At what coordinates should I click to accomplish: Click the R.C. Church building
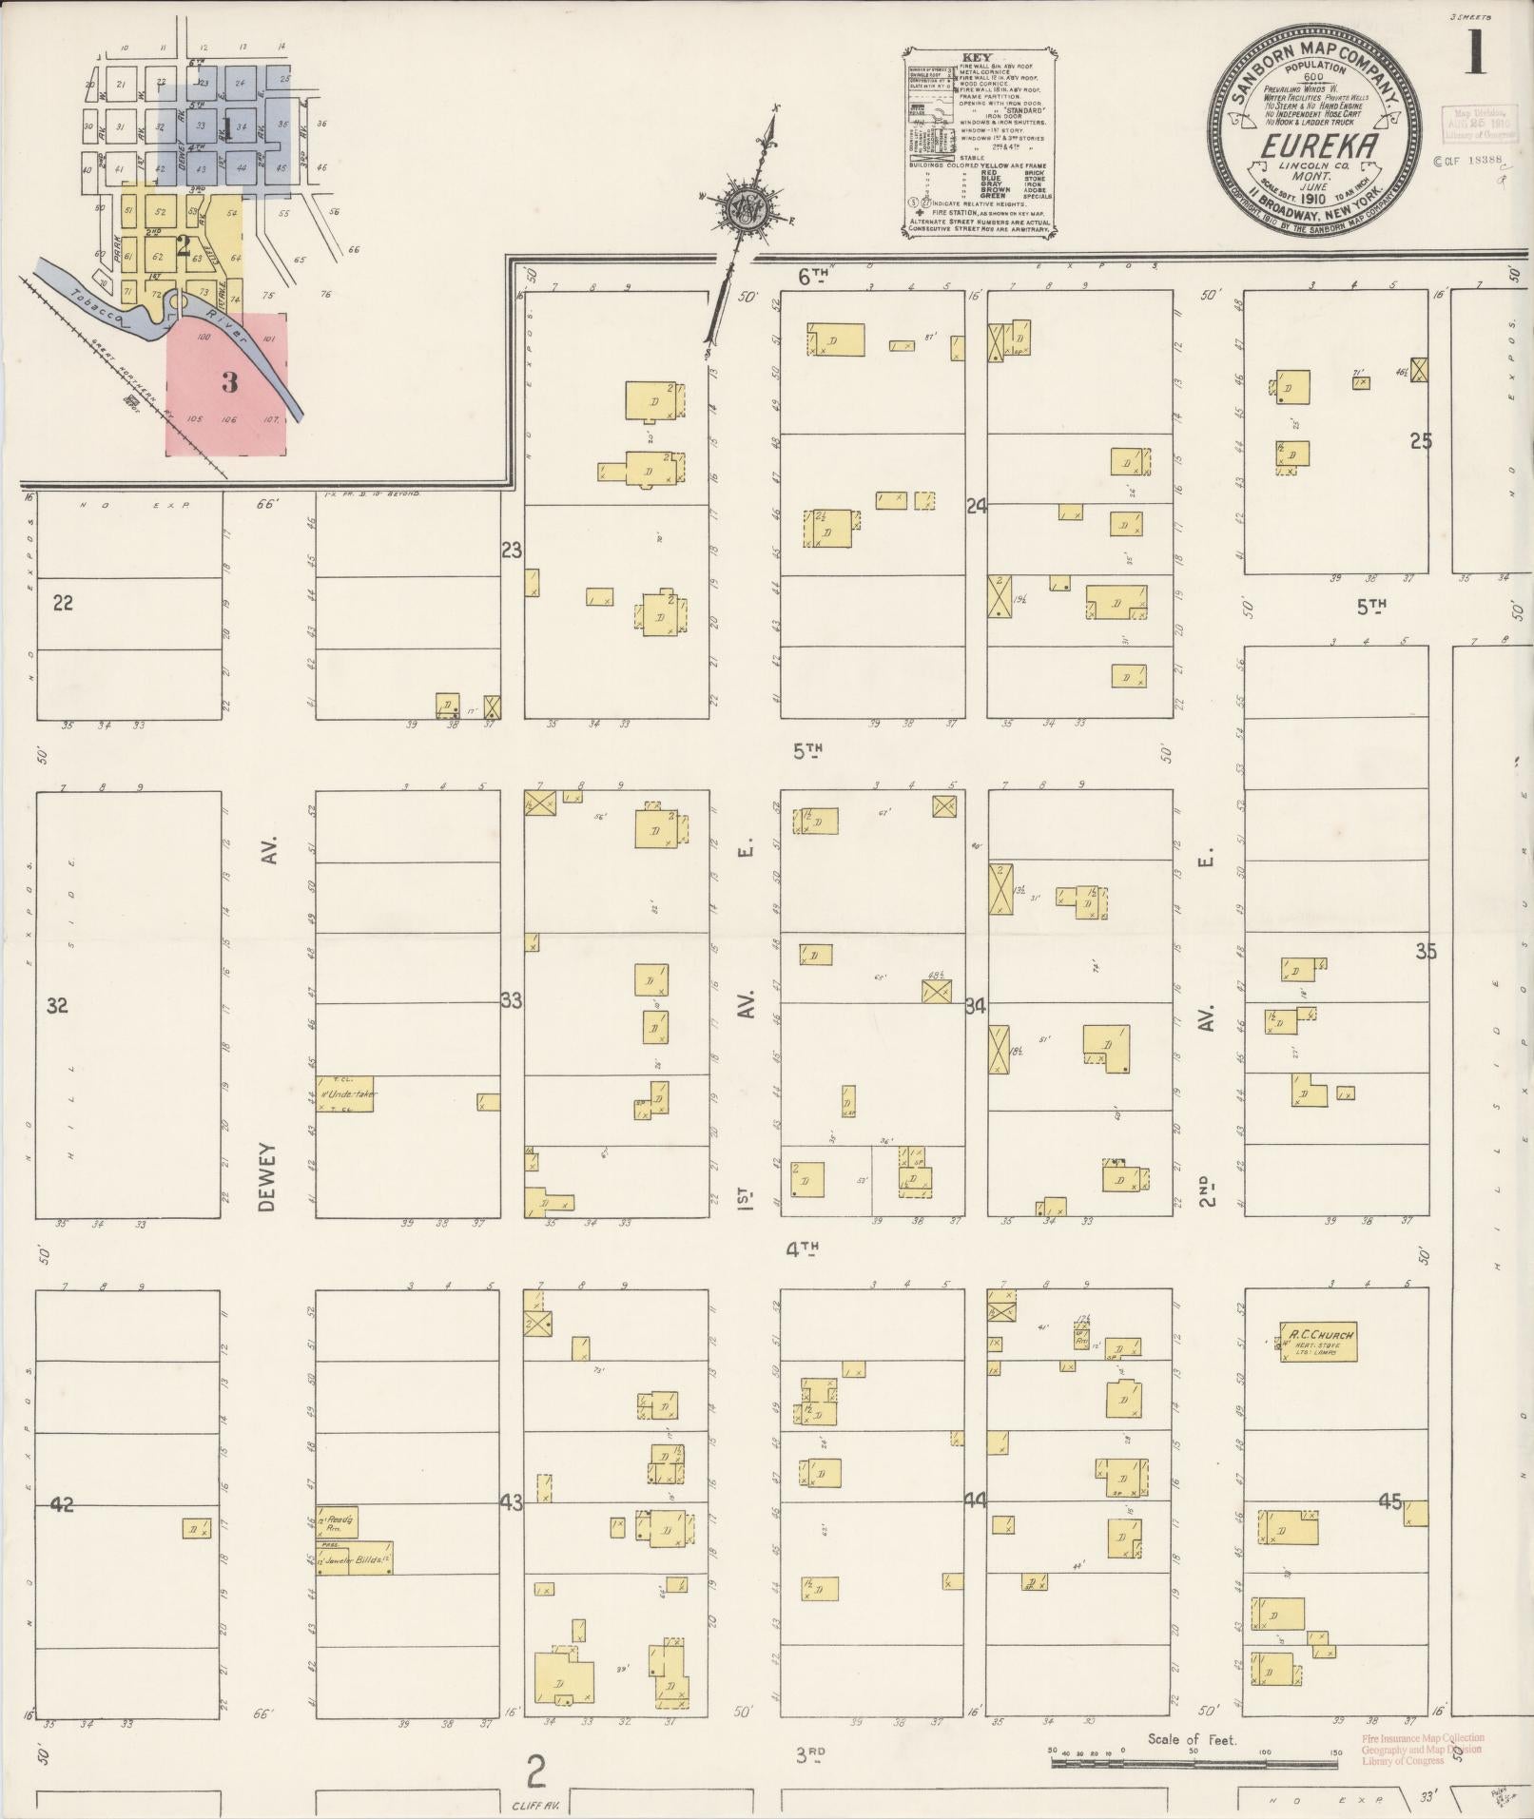click(x=1317, y=1342)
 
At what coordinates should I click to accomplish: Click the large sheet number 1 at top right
click(x=1474, y=51)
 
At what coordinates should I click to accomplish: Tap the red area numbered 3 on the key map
click(x=228, y=382)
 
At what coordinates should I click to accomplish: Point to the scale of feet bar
click(x=1194, y=1761)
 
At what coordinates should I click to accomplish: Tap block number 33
click(x=512, y=1000)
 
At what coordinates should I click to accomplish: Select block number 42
click(x=62, y=1504)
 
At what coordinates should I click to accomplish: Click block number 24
click(x=975, y=506)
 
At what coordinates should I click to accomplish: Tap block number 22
click(x=63, y=603)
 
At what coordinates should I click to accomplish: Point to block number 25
click(x=1421, y=441)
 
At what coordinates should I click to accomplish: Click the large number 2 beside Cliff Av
click(x=537, y=1772)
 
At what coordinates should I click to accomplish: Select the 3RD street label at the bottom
click(x=809, y=1755)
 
